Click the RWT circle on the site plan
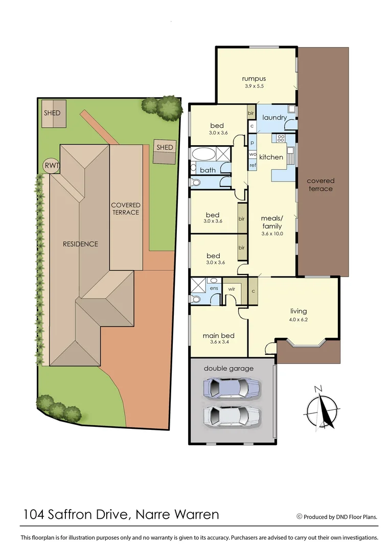pos(51,165)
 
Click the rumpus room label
pos(254,79)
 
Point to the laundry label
pos(274,118)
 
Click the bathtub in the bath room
pos(203,154)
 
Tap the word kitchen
pos(271,157)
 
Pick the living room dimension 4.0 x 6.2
pos(298,320)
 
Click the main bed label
pos(218,336)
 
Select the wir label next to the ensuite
pos(231,288)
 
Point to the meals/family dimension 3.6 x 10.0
pos(272,234)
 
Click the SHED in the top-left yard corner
pos(52,113)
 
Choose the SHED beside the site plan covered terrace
pos(165,147)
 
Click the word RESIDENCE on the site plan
pos(80,244)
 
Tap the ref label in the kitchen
pos(252,165)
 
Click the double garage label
pos(228,368)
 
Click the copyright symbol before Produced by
pos(300,517)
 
